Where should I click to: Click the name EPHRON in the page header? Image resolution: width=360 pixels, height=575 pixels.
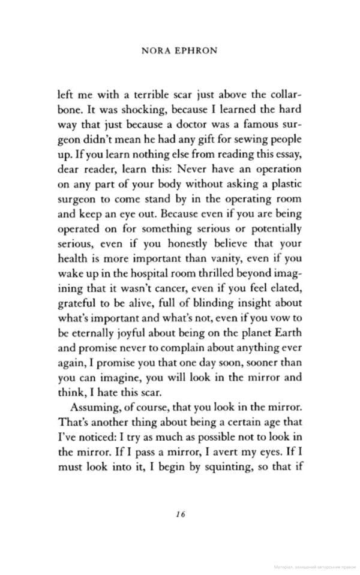click(195, 51)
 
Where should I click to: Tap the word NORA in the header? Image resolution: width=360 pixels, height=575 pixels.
click(155, 51)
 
